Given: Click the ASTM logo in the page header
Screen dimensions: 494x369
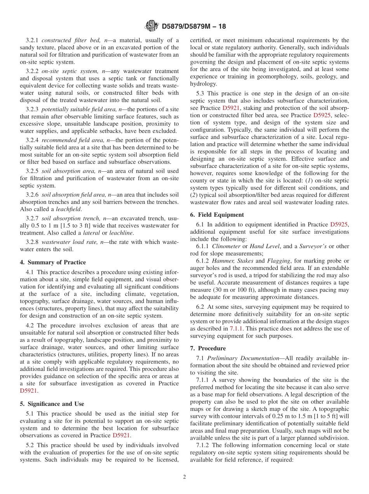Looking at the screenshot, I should click(151, 26).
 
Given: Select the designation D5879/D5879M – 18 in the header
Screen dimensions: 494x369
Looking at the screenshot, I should click(193, 26).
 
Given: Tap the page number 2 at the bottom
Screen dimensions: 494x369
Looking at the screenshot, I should click(184, 477).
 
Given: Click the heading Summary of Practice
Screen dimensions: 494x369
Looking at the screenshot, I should click(57, 262).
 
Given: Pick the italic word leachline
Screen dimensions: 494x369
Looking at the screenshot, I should click(122, 233).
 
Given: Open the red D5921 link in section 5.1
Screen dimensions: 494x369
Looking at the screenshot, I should click(121, 435).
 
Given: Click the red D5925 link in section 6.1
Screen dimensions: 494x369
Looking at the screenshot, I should click(339, 224).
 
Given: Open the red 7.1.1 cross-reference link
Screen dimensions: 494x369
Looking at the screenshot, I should click(237, 328).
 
